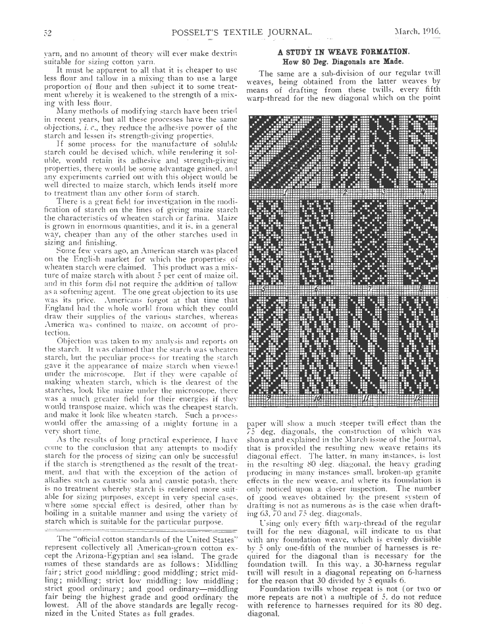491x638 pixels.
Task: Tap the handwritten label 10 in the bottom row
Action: (x=317, y=399)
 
